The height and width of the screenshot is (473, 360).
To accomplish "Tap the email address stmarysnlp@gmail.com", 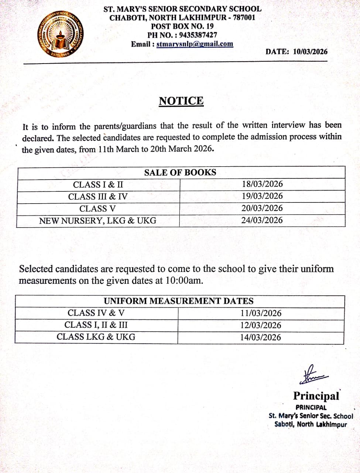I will pyautogui.click(x=195, y=44).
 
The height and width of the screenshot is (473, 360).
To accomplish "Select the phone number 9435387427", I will pyautogui.click(x=198, y=35).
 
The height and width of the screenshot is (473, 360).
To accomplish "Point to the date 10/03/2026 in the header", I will pyautogui.click(x=310, y=52).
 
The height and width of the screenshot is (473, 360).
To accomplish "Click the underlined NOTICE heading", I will pyautogui.click(x=181, y=101).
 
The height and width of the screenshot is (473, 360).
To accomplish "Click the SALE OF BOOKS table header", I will pyautogui.click(x=180, y=173).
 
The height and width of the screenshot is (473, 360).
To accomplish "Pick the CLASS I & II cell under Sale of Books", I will pyautogui.click(x=98, y=185).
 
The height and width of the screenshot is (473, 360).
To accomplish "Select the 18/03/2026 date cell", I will pyautogui.click(x=262, y=184).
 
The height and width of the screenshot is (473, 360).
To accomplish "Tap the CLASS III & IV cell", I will pyautogui.click(x=98, y=197).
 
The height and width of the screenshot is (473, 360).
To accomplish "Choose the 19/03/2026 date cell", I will pyautogui.click(x=262, y=196).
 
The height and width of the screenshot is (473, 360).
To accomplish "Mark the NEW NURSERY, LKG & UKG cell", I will pyautogui.click(x=98, y=221).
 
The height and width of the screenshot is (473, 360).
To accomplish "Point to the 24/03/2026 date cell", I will pyautogui.click(x=262, y=220).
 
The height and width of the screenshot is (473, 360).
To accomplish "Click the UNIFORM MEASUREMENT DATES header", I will pyautogui.click(x=179, y=301).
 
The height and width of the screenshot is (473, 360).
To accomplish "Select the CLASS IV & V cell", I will pyautogui.click(x=96, y=313).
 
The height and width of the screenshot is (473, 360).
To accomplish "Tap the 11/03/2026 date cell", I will pyautogui.click(x=261, y=313).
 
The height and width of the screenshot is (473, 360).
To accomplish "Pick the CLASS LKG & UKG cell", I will pyautogui.click(x=96, y=337).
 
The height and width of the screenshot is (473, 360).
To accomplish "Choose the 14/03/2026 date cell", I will pyautogui.click(x=261, y=337).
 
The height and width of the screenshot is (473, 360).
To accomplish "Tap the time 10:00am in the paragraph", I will pyautogui.click(x=184, y=280).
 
